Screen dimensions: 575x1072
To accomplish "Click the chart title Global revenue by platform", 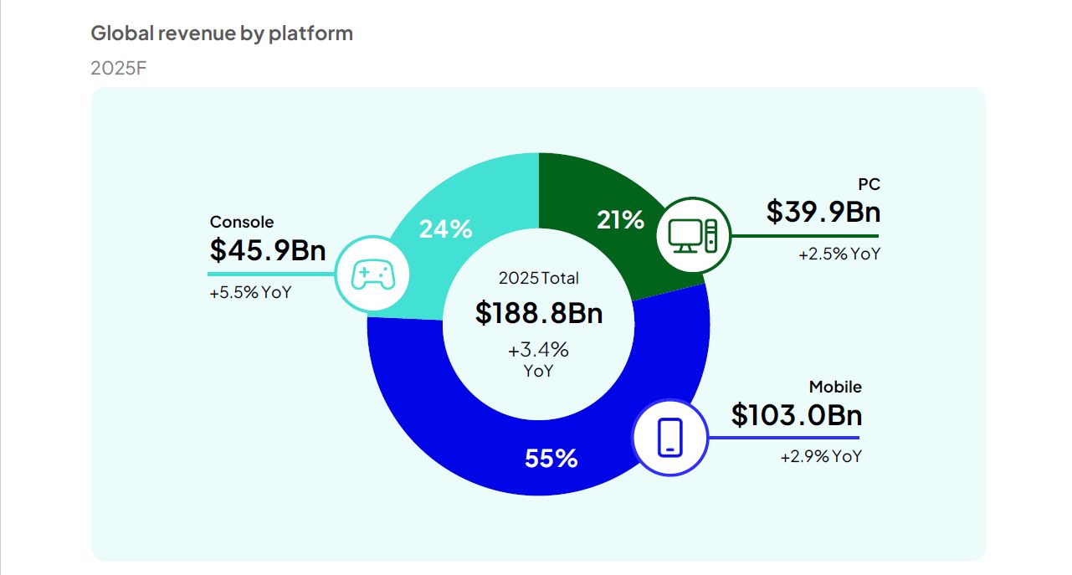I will coord(222,33).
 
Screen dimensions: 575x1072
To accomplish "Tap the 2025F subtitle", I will coord(119,68).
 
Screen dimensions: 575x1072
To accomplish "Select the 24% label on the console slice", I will coord(445,228).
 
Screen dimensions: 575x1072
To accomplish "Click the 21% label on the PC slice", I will coord(620,220).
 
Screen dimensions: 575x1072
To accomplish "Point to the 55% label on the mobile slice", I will coord(551,459).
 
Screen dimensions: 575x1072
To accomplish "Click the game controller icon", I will coord(372,274).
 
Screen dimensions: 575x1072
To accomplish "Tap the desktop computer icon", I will coord(693,235).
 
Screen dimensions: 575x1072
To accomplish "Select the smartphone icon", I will coord(669,438).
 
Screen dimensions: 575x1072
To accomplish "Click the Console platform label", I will coord(242,222).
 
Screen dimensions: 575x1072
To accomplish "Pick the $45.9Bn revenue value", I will coord(267,249).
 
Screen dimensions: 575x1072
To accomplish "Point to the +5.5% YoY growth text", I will coord(250,293).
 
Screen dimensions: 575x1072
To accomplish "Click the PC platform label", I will coord(869,185).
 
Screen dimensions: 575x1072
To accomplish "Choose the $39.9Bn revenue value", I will coord(823,212).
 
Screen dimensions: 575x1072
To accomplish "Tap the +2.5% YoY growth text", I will coord(839,254).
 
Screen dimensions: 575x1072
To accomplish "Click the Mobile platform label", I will coord(834,387).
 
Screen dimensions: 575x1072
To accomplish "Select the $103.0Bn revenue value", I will coord(796,414).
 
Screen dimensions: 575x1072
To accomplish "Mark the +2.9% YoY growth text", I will coord(820,457).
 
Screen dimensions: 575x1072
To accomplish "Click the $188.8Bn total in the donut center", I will coord(538,312).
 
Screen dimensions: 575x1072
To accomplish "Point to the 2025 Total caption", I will coord(538,278).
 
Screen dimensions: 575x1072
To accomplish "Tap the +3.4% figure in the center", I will coord(538,349).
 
